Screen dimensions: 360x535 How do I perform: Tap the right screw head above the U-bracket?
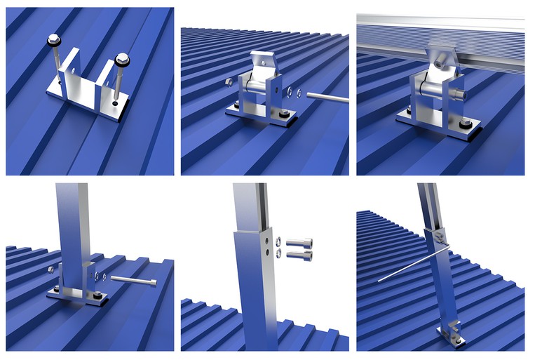coord(123,58)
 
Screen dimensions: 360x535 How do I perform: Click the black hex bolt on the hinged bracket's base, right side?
coord(283,114)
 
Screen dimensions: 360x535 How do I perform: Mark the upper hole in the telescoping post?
coord(266,239)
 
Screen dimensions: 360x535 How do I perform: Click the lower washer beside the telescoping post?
coord(278,254)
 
